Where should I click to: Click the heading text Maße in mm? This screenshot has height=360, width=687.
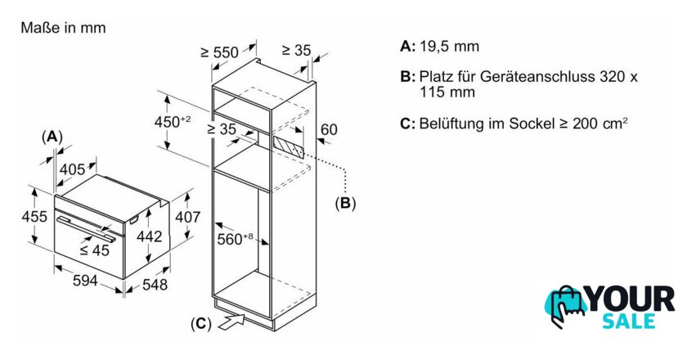[63, 28]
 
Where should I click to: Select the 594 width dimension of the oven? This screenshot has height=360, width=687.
[85, 280]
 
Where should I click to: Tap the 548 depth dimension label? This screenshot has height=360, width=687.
[155, 285]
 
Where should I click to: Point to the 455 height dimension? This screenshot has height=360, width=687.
[34, 216]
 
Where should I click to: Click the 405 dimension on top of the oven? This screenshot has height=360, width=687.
[72, 169]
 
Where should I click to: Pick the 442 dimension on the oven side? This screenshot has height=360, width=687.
[150, 236]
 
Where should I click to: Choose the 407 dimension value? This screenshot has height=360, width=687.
[188, 217]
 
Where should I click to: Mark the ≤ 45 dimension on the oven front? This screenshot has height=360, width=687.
[94, 250]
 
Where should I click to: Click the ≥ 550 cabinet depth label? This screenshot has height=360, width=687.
[219, 52]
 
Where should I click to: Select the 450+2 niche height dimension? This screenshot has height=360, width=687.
[173, 122]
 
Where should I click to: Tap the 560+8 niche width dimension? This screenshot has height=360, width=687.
[236, 239]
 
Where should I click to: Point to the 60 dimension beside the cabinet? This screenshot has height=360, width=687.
[329, 129]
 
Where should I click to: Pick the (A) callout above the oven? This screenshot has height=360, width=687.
[52, 137]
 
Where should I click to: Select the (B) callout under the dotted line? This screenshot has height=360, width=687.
[345, 203]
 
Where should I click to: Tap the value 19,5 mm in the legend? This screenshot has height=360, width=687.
[450, 47]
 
